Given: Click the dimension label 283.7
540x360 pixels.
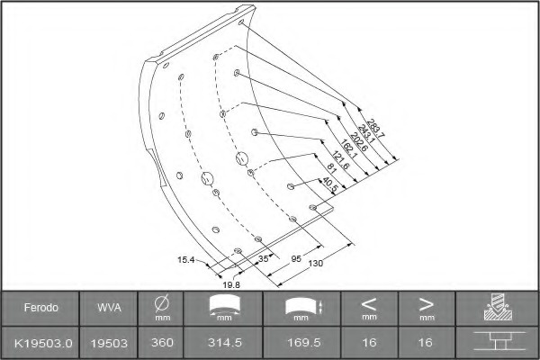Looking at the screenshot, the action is (x=375, y=128).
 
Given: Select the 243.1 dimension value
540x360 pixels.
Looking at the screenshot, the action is (x=366, y=134).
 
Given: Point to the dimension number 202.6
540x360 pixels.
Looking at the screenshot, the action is (x=358, y=141).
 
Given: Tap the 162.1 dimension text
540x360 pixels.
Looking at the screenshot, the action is (x=349, y=148).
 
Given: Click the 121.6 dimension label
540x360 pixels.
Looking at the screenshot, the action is (x=340, y=160).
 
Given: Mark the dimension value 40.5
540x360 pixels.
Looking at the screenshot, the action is (x=330, y=185).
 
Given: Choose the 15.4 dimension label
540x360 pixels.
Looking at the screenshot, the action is (x=186, y=260).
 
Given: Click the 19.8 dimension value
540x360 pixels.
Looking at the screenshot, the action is (x=231, y=285).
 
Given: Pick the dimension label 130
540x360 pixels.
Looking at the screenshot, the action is (x=316, y=264).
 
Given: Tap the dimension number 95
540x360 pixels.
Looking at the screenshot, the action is (x=296, y=258).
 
